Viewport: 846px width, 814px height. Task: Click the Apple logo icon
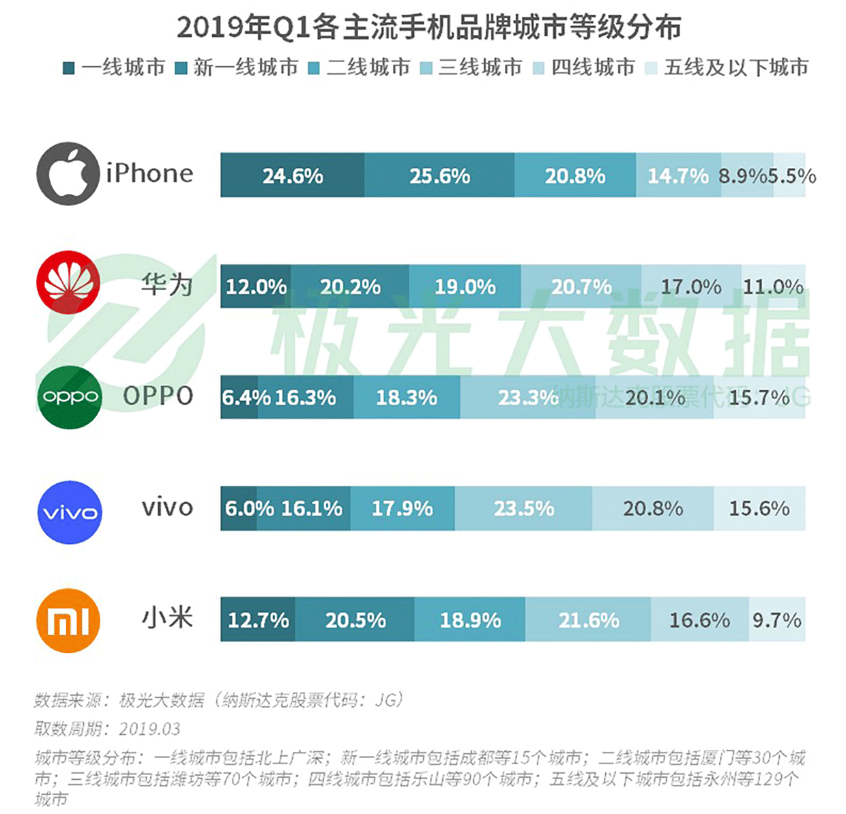pyautogui.click(x=68, y=173)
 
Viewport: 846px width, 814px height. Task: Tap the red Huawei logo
pyautogui.click(x=68, y=282)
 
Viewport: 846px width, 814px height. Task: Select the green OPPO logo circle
pyautogui.click(x=69, y=396)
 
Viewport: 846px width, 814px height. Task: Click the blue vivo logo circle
pyautogui.click(x=69, y=512)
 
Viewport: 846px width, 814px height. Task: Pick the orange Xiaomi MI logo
pyautogui.click(x=68, y=621)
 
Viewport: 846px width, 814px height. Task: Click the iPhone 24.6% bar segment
pyautogui.click(x=292, y=175)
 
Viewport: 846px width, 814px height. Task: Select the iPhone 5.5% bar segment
pyautogui.click(x=790, y=175)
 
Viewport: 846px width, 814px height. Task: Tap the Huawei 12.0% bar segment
pyautogui.click(x=255, y=287)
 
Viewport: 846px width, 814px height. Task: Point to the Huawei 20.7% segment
pyautogui.click(x=581, y=287)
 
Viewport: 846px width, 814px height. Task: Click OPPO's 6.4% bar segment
pyautogui.click(x=239, y=397)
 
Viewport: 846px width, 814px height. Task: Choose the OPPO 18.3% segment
pyautogui.click(x=407, y=397)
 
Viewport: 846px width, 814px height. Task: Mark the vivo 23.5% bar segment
pyautogui.click(x=523, y=508)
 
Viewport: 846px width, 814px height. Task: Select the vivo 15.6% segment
pyautogui.click(x=759, y=508)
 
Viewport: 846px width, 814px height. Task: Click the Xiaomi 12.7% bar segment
pyautogui.click(x=257, y=620)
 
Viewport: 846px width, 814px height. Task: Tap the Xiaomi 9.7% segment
pyautogui.click(x=777, y=620)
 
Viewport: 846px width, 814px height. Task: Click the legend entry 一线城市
pyautogui.click(x=115, y=68)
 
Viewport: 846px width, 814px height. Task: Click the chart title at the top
pyautogui.click(x=428, y=27)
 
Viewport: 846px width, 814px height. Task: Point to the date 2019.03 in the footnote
pyautogui.click(x=149, y=729)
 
